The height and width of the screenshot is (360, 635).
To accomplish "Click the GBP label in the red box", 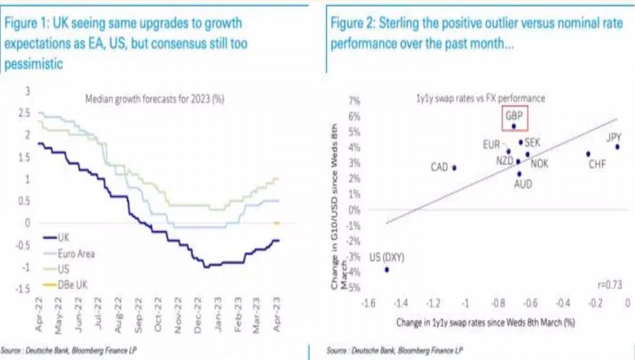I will (x=513, y=114).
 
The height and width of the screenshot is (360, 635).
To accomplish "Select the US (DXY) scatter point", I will (x=387, y=270).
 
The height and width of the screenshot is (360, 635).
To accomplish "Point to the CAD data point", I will (x=454, y=168).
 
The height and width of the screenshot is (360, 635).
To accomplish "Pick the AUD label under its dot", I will (x=522, y=184).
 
